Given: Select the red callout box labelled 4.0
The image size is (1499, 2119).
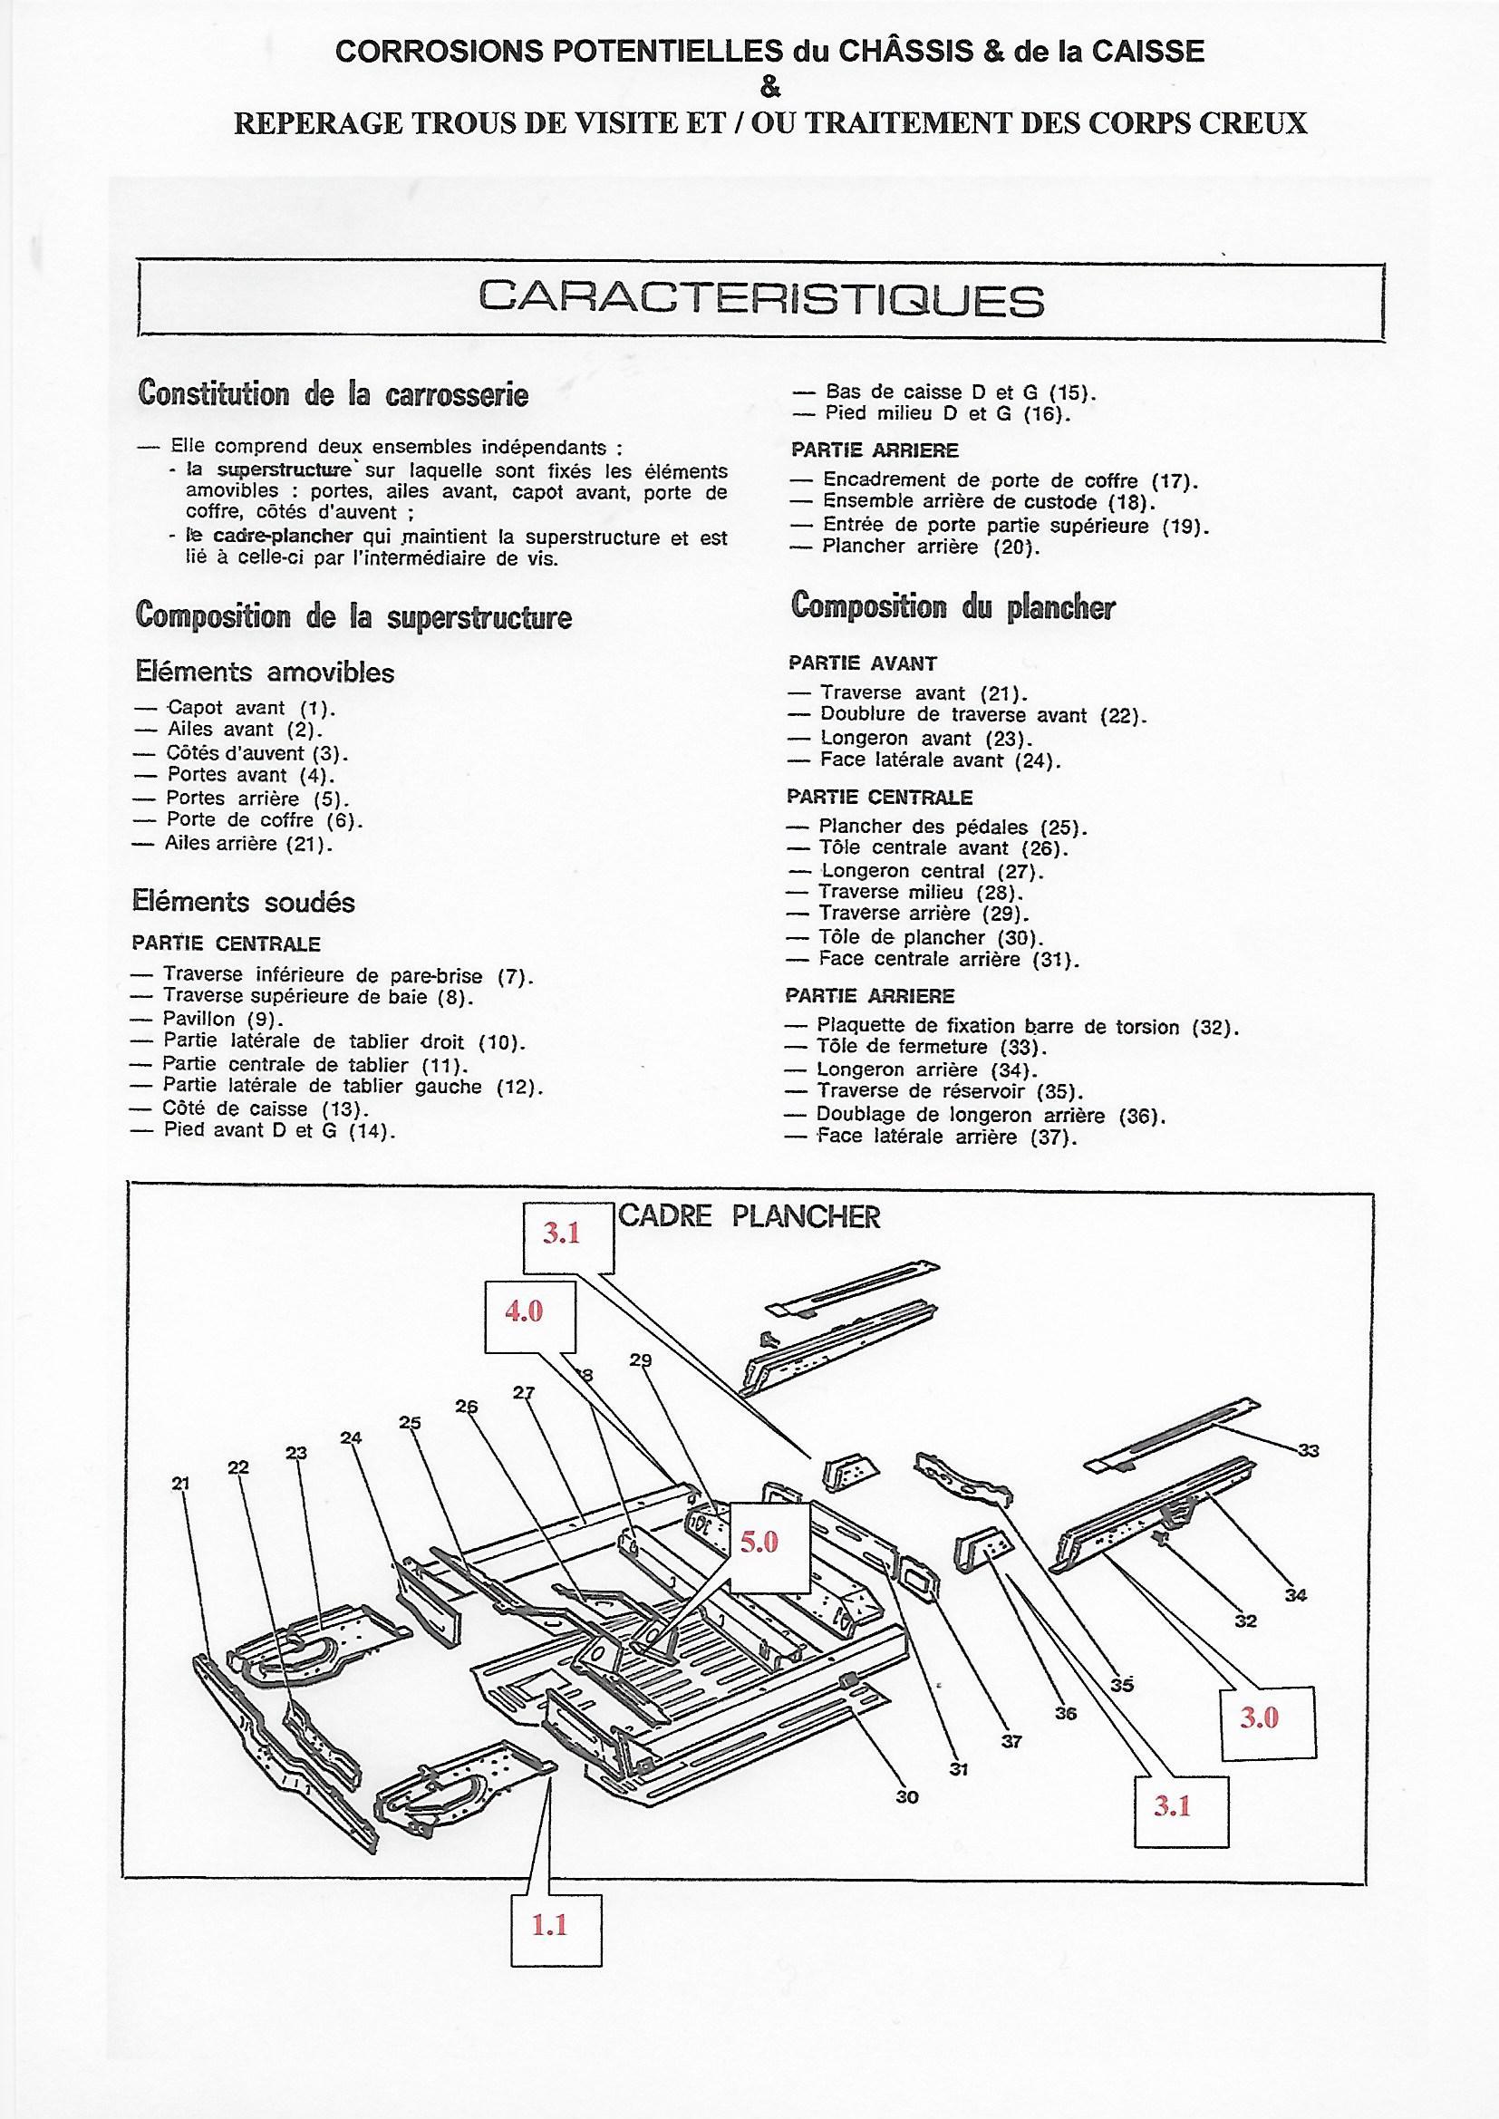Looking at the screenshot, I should point(524,1311).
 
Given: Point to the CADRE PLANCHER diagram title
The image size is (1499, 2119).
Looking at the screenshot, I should point(749,1216).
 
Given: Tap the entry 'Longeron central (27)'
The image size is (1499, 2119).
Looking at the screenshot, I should point(930,870).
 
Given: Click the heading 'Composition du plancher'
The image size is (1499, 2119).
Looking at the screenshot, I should point(953,606).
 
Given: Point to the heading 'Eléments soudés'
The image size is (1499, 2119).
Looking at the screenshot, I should point(244,902).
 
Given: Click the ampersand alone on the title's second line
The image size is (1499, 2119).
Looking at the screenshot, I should point(769,89).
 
